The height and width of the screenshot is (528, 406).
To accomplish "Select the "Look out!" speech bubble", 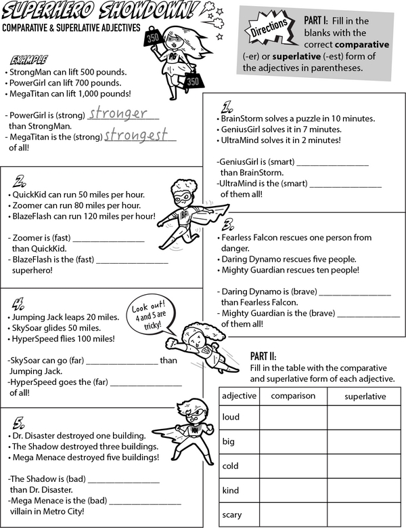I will click(x=150, y=314).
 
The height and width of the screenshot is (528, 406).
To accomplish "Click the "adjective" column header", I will click(x=239, y=396).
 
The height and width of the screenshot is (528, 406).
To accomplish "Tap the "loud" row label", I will click(x=231, y=417).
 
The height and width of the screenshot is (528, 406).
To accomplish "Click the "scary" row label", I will click(x=232, y=514).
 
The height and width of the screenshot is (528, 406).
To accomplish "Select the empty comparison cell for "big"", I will click(x=293, y=442).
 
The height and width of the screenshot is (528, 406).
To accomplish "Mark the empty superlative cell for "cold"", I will click(x=365, y=466).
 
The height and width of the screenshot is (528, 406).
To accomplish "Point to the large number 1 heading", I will click(x=228, y=106).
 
